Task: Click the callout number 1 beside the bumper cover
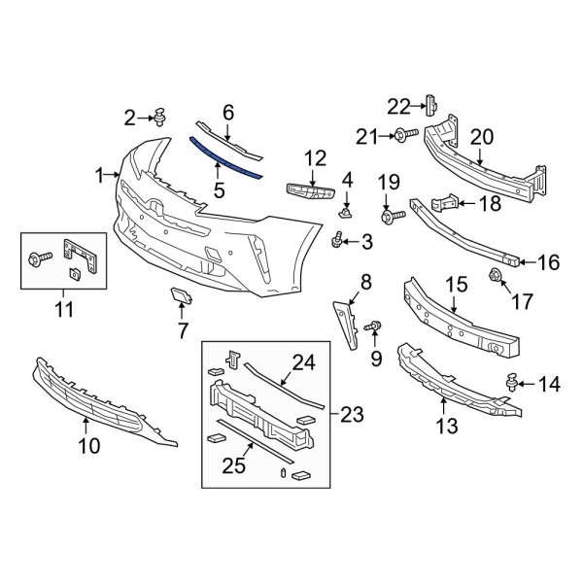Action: pos(99,175)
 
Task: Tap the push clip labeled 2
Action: pos(158,119)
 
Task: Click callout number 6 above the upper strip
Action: pos(228,114)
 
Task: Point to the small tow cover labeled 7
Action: pos(180,298)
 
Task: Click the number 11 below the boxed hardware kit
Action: pos(64,311)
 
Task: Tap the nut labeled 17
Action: pos(495,276)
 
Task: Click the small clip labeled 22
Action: pos(432,104)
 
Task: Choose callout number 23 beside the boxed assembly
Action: pos(347,416)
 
